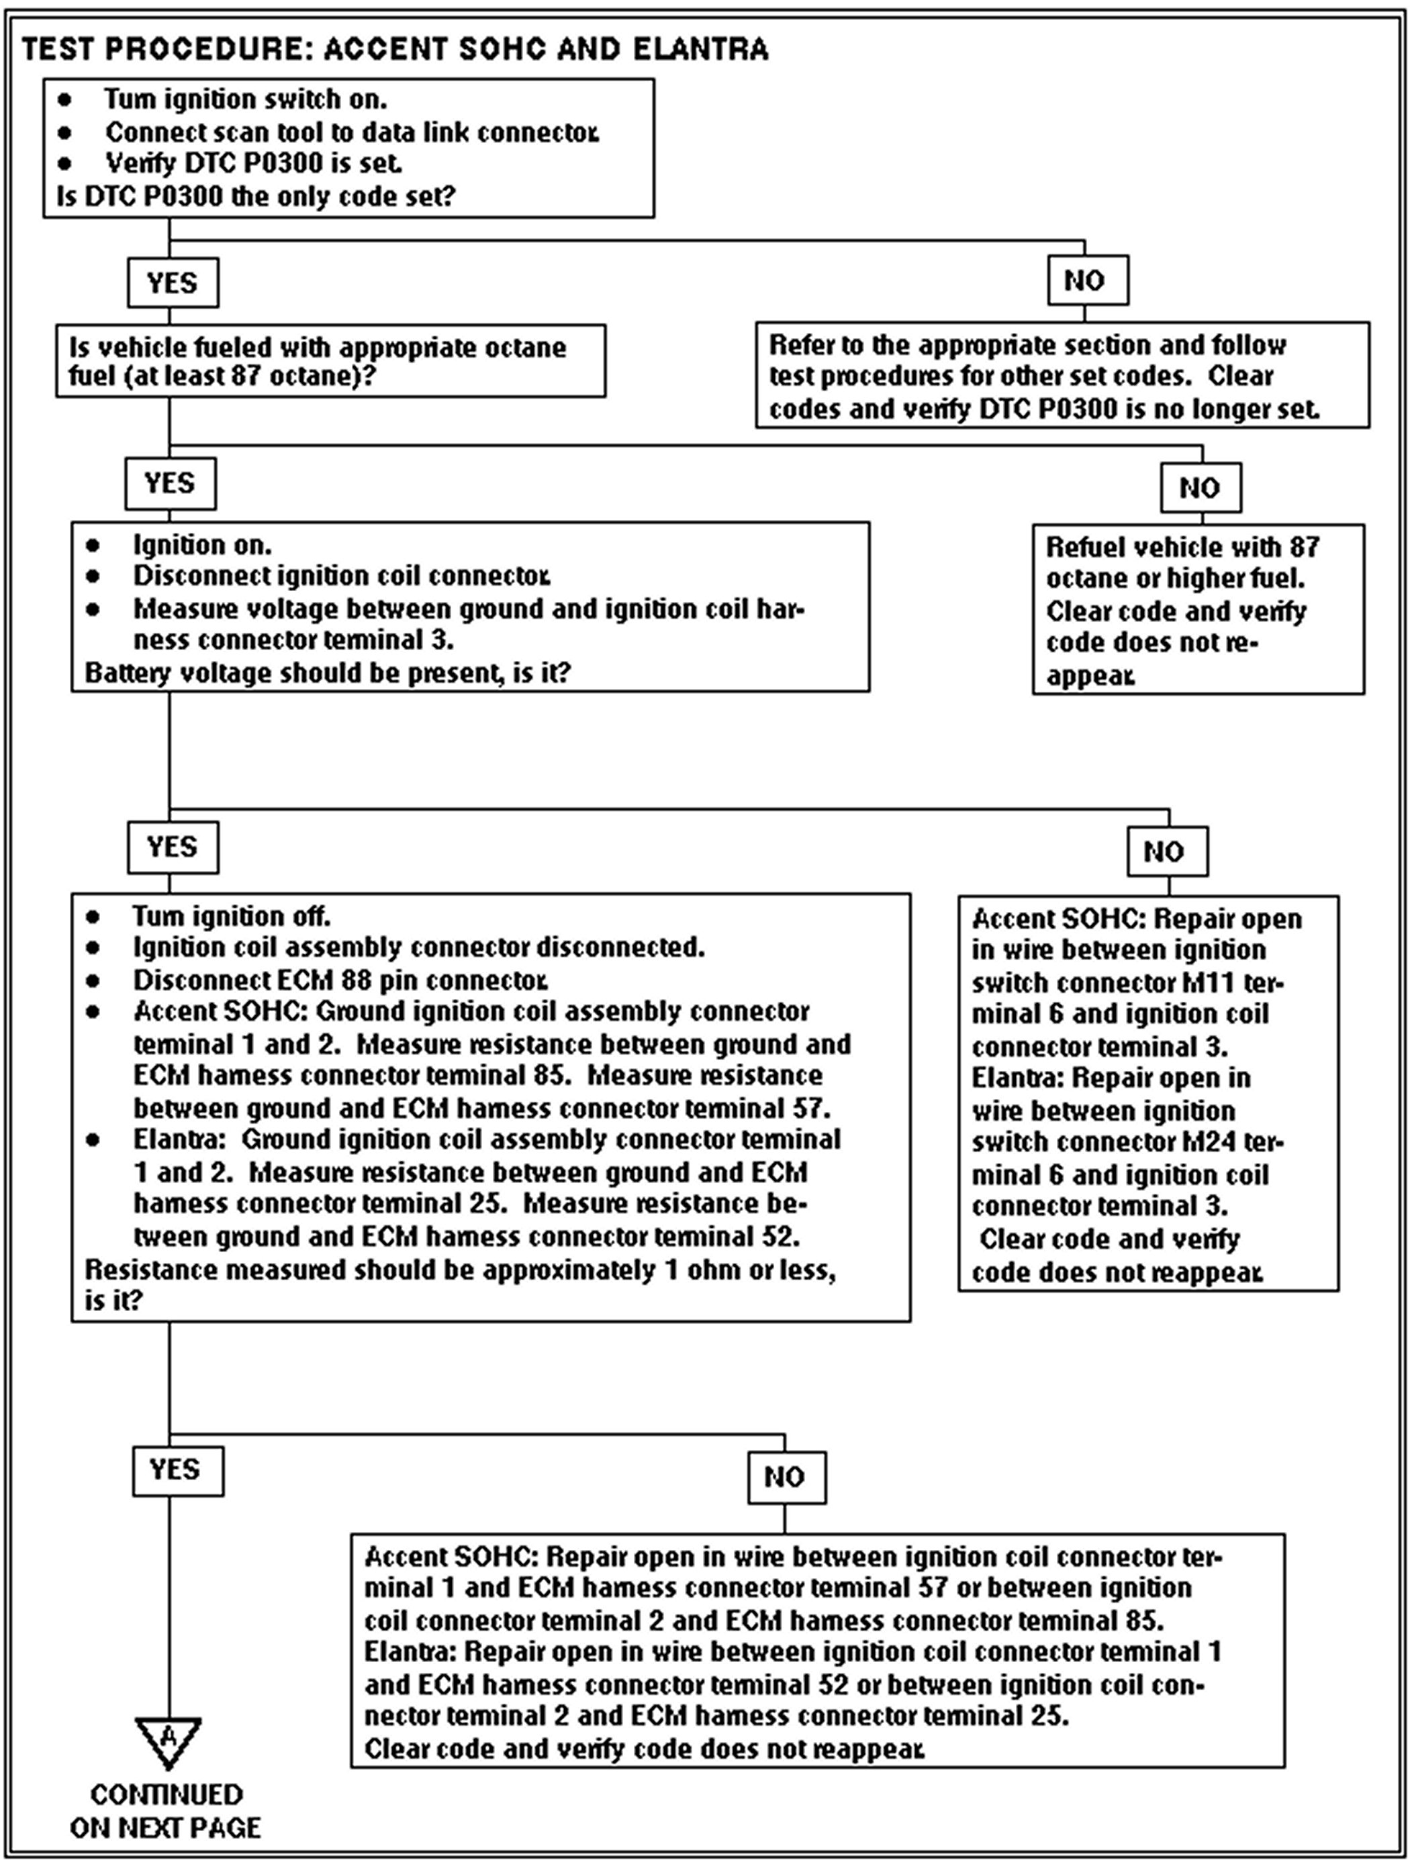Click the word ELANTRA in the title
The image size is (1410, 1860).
click(x=700, y=49)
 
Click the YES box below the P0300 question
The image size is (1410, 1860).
click(x=173, y=282)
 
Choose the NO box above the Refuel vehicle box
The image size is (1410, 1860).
click(x=1200, y=488)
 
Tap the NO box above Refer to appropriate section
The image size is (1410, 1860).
click(x=1087, y=280)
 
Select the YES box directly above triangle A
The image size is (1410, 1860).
click(x=177, y=1470)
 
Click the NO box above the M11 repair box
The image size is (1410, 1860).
click(x=1167, y=851)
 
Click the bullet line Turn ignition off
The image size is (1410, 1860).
click(x=232, y=916)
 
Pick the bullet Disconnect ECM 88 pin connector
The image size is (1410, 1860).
click(x=340, y=980)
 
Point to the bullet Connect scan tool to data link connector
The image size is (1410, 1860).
click(x=352, y=132)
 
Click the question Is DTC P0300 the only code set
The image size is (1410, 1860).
click(x=256, y=196)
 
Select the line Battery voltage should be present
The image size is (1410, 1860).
click(x=328, y=673)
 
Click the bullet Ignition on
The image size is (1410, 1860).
click(x=202, y=545)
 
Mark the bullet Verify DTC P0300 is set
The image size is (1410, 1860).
click(x=253, y=162)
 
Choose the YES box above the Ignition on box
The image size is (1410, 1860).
click(x=170, y=484)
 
